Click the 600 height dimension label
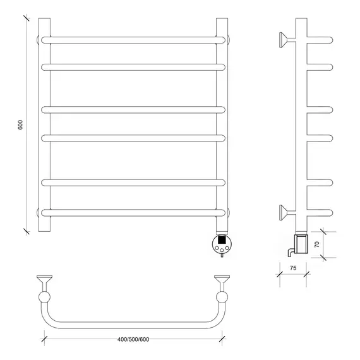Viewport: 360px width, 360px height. click(20, 125)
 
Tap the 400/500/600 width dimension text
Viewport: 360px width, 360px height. click(133, 339)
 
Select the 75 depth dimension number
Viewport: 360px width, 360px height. click(293, 268)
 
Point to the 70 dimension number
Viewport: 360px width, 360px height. click(317, 244)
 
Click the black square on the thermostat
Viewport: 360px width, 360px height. click(221, 240)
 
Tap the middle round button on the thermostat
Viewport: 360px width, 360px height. click(222, 250)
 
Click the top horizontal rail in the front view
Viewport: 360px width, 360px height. click(133, 40)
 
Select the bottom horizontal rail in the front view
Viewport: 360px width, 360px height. click(133, 213)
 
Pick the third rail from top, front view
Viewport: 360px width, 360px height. click(133, 110)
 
